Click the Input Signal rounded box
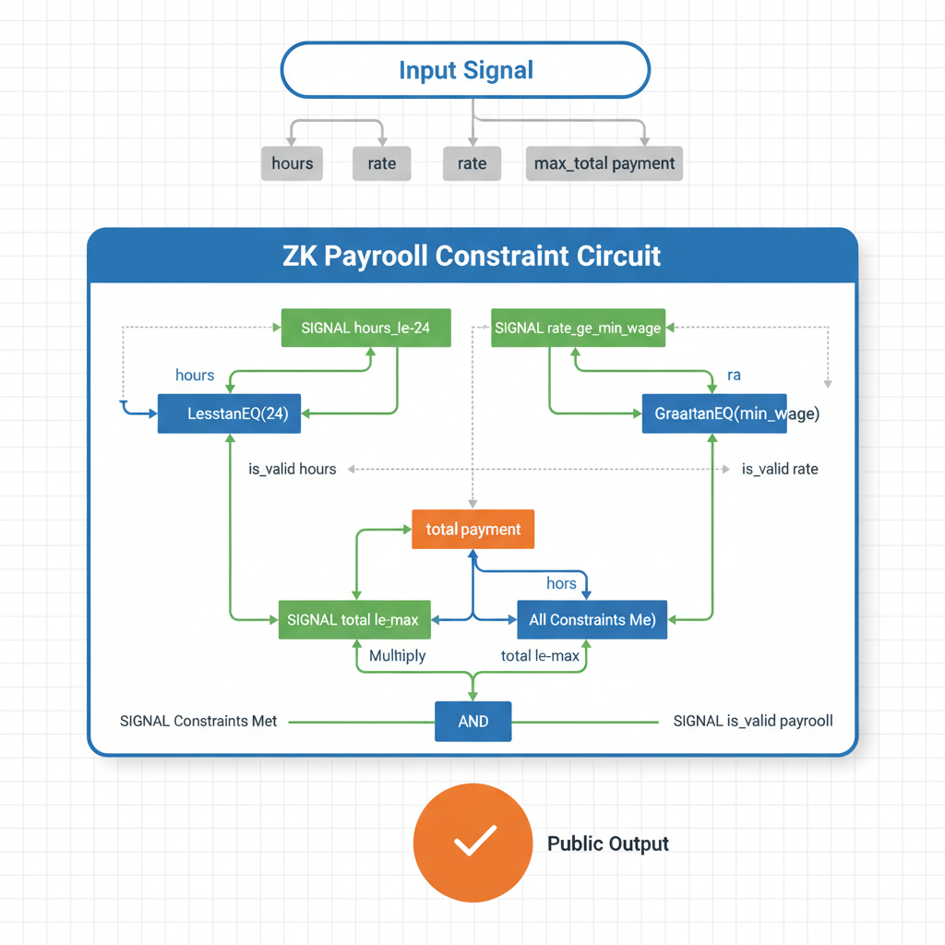465,70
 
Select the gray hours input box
292,163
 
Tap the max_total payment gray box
604,163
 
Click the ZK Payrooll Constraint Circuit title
472,255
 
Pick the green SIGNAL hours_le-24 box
365,328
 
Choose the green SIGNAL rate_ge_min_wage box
578,328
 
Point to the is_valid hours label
293,469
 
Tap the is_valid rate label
780,469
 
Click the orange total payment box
472,530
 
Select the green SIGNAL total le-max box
353,620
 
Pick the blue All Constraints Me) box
592,620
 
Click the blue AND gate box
472,721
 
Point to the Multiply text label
397,656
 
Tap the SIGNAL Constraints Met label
198,721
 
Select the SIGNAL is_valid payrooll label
753,721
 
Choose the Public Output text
608,843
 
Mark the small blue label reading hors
561,583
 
